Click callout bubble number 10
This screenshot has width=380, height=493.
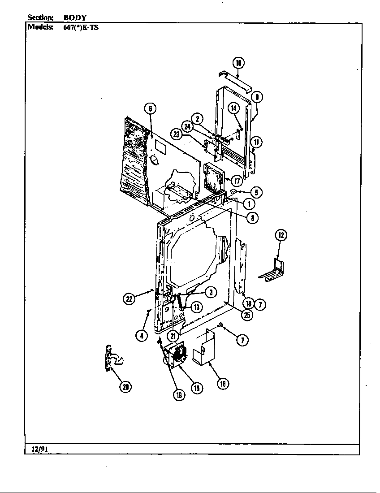click(x=238, y=63)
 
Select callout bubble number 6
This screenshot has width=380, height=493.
click(x=150, y=109)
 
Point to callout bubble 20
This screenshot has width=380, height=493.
click(x=126, y=387)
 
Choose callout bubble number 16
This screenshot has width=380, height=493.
click(x=223, y=384)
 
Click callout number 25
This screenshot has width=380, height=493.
click(x=247, y=315)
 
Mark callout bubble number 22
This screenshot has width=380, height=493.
click(x=129, y=299)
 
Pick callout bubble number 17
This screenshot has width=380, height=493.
click(x=236, y=181)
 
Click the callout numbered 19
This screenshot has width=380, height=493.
click(x=179, y=395)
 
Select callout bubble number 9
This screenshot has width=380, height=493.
click(x=257, y=97)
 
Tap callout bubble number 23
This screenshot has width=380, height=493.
click(x=176, y=134)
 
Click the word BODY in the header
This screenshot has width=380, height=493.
click(x=75, y=17)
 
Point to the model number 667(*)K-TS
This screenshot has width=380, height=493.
click(x=81, y=27)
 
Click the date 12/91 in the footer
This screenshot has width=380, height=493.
click(x=39, y=449)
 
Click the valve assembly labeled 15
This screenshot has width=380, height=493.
click(x=175, y=355)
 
